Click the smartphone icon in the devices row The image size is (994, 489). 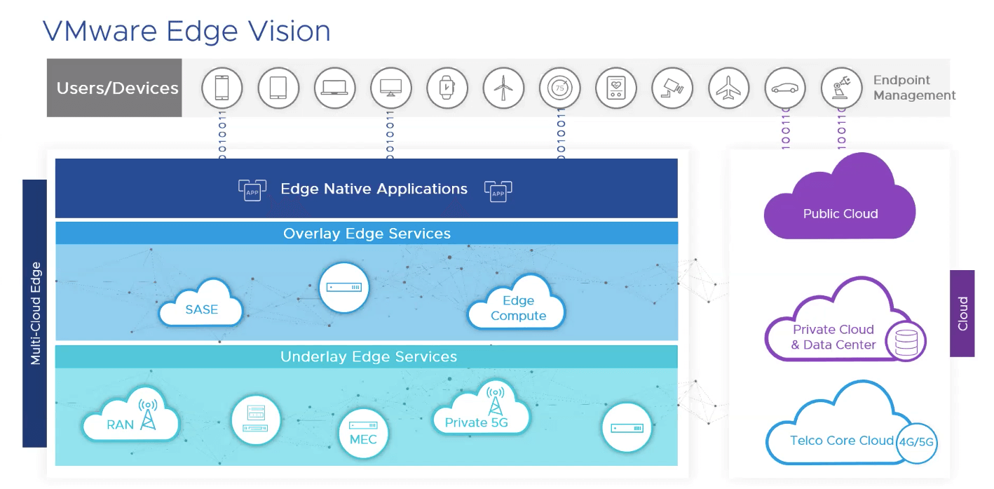point(222,88)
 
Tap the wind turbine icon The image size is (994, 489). point(503,88)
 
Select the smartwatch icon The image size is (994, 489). point(447,88)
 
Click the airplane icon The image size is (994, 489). point(728,88)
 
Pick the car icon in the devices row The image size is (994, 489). point(784,88)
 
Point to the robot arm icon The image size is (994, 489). point(840,88)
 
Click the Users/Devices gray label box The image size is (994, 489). point(115,88)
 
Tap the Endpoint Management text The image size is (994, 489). point(913,88)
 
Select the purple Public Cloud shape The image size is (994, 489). point(840,203)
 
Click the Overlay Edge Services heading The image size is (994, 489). point(367,234)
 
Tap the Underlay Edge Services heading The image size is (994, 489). point(368,357)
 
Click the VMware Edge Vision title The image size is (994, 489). point(186,32)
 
